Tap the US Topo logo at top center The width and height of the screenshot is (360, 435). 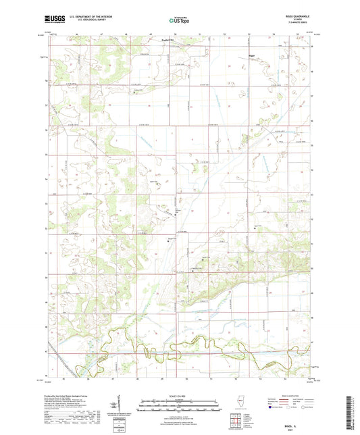point(179,21)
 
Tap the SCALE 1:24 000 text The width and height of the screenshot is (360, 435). point(180,396)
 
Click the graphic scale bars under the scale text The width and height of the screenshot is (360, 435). point(180,405)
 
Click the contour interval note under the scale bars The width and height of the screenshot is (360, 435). point(180,413)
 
